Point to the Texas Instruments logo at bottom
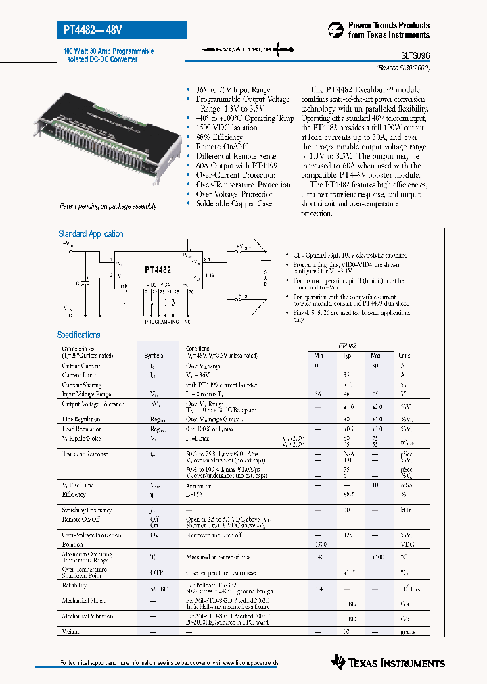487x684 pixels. click(388, 662)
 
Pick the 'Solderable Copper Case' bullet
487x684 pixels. click(233, 203)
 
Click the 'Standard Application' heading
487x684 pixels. click(91, 234)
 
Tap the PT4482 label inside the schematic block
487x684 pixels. click(158, 269)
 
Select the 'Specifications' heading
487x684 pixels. click(78, 335)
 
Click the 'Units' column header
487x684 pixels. click(404, 356)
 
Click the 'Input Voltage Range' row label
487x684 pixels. click(87, 394)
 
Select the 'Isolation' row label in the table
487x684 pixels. click(72, 544)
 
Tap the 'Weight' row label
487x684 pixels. click(71, 631)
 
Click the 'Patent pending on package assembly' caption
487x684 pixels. click(108, 206)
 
